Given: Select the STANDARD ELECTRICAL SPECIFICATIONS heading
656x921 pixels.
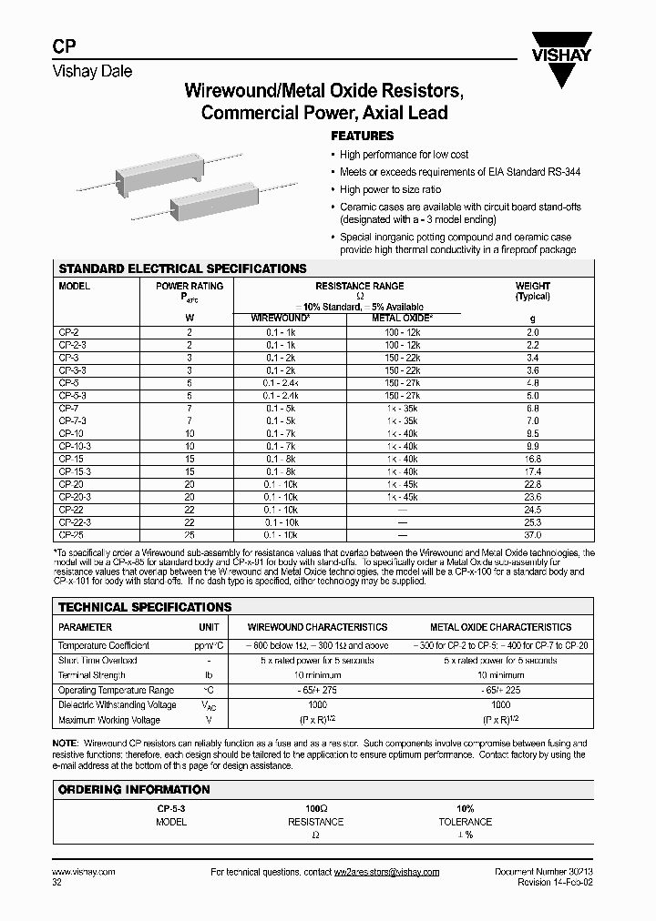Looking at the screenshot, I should (x=182, y=269).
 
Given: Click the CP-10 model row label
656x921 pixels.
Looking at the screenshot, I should (x=71, y=434).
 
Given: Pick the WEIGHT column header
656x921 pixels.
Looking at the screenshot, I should (x=533, y=286).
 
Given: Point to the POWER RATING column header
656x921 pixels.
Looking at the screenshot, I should (x=190, y=286).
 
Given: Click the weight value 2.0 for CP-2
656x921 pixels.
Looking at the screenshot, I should (x=533, y=333).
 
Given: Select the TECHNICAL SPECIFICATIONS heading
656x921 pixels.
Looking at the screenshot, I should (x=145, y=607).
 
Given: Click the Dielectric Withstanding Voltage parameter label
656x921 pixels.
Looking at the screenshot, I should (x=118, y=705).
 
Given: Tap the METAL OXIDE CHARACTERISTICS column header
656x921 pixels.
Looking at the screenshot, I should (x=500, y=627).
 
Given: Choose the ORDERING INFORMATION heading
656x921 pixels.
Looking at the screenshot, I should (x=134, y=790).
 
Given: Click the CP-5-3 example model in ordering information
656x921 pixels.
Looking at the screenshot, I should (x=170, y=807).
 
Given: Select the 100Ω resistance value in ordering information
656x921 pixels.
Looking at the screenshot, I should (x=316, y=807).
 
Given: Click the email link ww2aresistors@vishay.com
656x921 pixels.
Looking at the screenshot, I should (x=386, y=872).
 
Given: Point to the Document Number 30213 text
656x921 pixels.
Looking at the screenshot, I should (x=543, y=872).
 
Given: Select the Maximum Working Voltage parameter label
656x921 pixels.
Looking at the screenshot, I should (x=108, y=720).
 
